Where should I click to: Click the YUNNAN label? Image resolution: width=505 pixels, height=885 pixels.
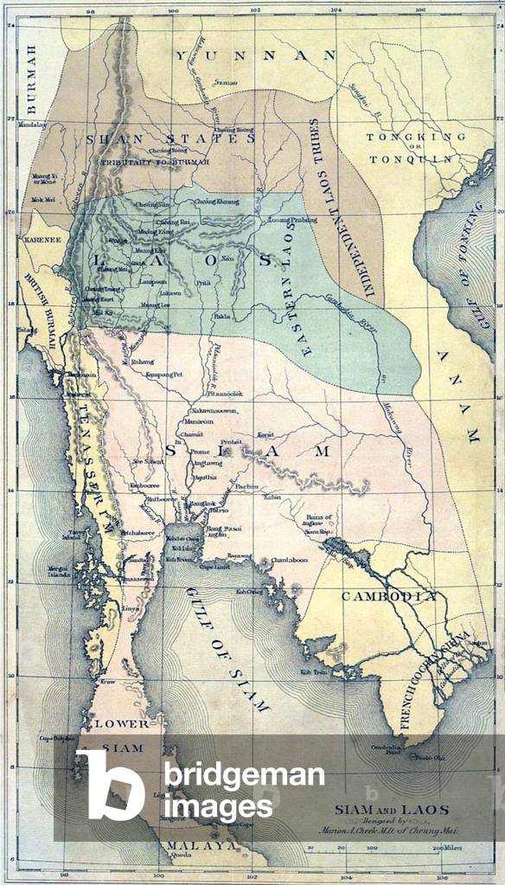pyautogui.click(x=256, y=55)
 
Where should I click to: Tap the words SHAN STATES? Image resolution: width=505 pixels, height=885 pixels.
pyautogui.click(x=170, y=138)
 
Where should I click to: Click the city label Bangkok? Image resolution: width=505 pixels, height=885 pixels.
pyautogui.click(x=203, y=503)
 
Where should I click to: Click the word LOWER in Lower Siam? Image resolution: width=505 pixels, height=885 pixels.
pyautogui.click(x=122, y=723)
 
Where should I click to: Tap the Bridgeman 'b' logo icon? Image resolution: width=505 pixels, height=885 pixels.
pyautogui.click(x=111, y=785)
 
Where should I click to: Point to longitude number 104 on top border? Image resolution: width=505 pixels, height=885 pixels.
pyautogui.click(x=336, y=10)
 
